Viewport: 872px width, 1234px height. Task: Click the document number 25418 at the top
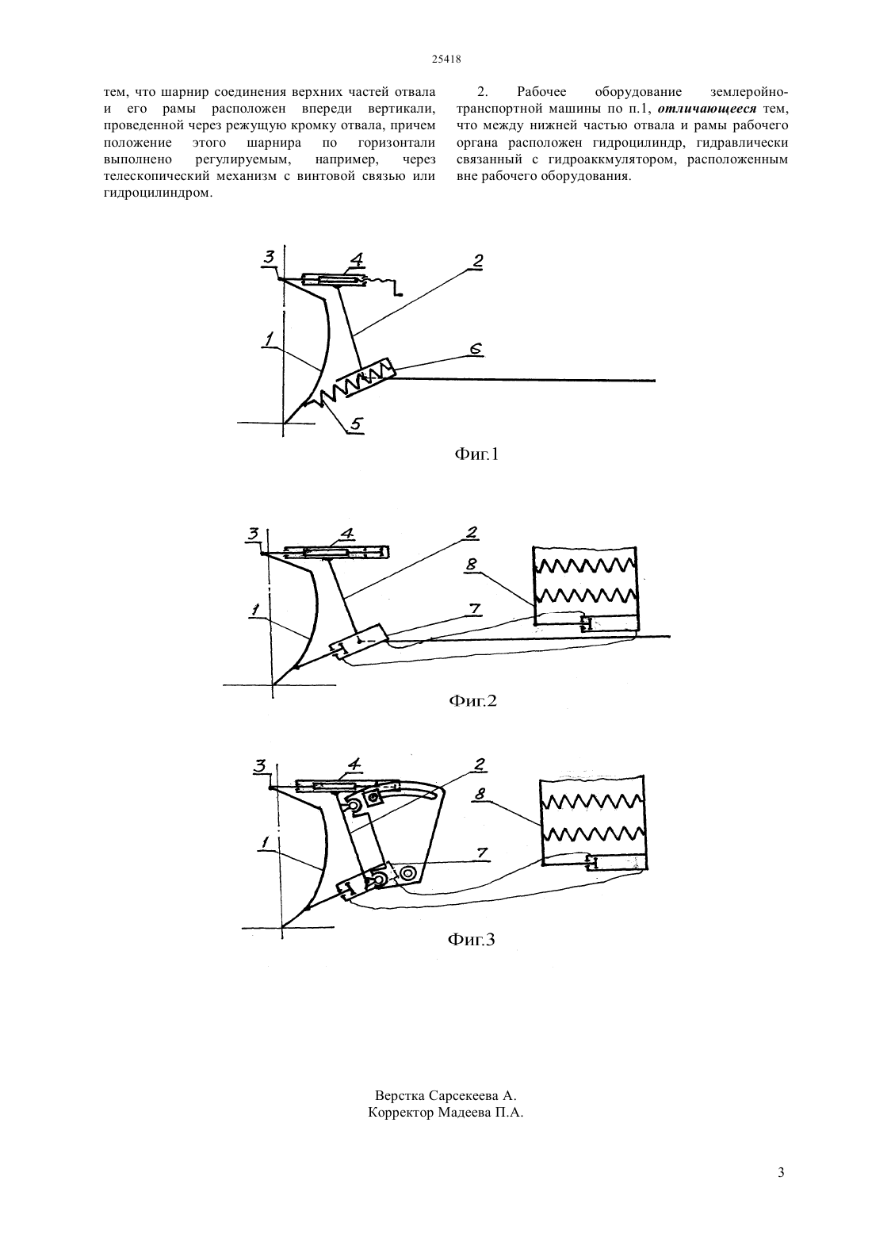[446, 59]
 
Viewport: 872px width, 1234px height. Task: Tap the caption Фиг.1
[476, 454]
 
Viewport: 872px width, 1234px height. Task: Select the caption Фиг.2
[473, 701]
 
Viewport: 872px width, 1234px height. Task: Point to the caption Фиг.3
[472, 939]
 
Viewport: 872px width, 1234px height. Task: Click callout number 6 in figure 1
[476, 349]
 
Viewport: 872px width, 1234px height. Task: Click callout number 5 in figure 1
[356, 423]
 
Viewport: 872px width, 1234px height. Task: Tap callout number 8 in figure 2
[472, 565]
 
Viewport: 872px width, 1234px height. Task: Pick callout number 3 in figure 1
[270, 257]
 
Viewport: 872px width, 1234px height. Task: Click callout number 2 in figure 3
[480, 764]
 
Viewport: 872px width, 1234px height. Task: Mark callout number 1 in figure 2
[255, 610]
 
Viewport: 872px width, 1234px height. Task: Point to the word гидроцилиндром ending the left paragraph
[158, 194]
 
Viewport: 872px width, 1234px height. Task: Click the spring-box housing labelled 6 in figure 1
[366, 378]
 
